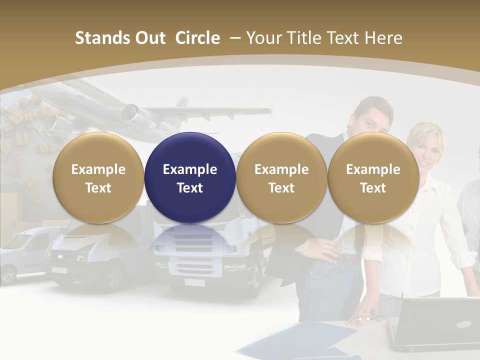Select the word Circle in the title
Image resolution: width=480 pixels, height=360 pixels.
coord(197,38)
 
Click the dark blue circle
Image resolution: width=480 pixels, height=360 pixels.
coord(190,177)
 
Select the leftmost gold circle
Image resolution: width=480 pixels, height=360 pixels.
coord(98,177)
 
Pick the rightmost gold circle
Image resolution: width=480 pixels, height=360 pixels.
coord(373,177)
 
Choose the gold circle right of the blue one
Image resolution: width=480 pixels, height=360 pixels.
coord(281,177)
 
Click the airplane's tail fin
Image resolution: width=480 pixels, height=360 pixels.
coord(181,104)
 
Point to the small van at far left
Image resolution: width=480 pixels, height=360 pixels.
coord(22,252)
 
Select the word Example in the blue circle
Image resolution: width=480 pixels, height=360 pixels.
coord(190,169)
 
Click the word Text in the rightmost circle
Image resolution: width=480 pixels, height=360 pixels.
coord(373,188)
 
